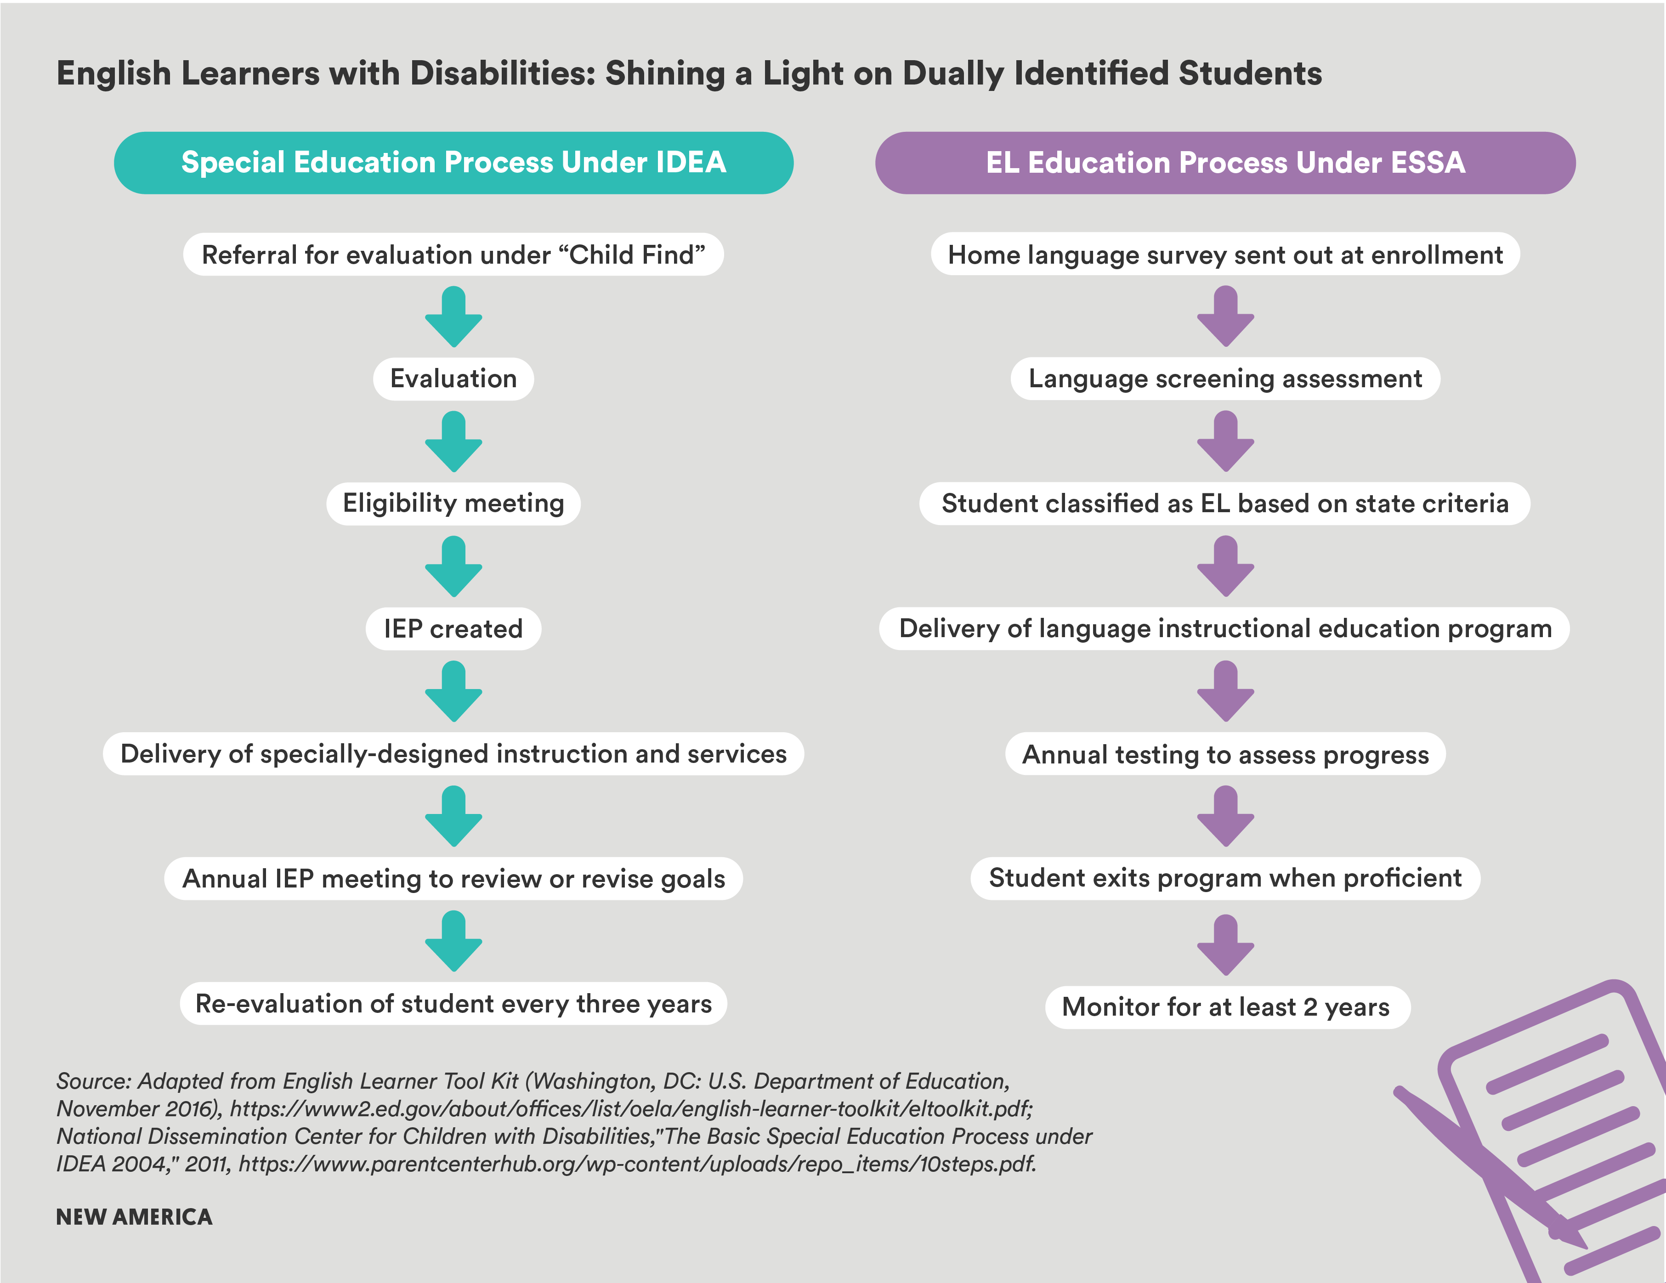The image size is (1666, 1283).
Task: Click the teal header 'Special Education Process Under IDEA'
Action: tap(453, 163)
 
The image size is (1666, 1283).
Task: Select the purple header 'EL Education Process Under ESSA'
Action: tap(1225, 163)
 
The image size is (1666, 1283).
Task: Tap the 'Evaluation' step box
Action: tap(453, 379)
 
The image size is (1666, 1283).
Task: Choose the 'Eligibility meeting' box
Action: tap(453, 503)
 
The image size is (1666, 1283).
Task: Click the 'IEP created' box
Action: tap(453, 628)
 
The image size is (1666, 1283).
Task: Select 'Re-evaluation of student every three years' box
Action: tap(453, 1004)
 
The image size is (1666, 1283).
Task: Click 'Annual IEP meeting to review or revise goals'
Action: tap(453, 879)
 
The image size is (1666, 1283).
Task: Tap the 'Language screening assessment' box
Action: tap(1225, 379)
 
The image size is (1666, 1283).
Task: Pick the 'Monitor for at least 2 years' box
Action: tap(1227, 1007)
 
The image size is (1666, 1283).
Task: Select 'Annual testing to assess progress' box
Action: tap(1225, 754)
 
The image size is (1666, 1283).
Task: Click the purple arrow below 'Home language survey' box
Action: tap(1225, 317)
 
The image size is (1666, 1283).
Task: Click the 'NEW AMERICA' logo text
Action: tap(134, 1217)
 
